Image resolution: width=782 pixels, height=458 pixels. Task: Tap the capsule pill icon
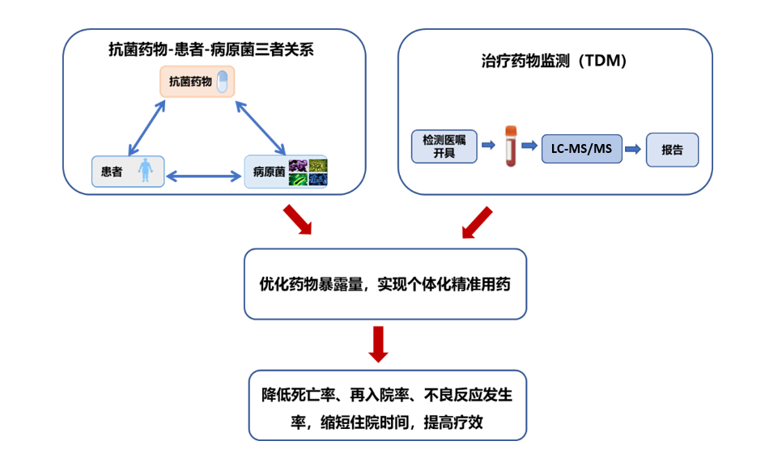tap(222, 81)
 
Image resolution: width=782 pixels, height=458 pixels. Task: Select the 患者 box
tap(128, 172)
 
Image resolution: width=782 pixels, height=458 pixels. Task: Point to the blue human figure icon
tap(146, 172)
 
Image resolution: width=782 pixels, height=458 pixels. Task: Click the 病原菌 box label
tap(268, 172)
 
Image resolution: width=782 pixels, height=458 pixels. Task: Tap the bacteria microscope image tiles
tap(308, 172)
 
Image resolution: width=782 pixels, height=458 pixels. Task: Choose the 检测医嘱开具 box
tap(444, 145)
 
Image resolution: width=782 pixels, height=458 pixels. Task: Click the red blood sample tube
tap(511, 146)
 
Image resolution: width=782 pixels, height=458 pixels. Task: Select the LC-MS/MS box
tap(581, 150)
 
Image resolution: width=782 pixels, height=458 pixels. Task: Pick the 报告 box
tap(672, 150)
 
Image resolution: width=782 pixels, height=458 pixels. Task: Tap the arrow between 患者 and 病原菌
tap(204, 173)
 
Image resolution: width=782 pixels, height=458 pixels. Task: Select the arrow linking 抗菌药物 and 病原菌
tap(260, 127)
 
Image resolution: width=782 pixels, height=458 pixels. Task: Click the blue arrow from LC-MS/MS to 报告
tap(633, 150)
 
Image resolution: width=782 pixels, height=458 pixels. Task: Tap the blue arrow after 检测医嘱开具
tap(488, 146)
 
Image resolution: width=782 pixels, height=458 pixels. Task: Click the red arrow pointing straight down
tap(378, 345)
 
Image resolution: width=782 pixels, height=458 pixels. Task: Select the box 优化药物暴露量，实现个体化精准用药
tap(385, 284)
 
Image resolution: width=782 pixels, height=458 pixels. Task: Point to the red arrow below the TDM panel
tap(477, 223)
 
